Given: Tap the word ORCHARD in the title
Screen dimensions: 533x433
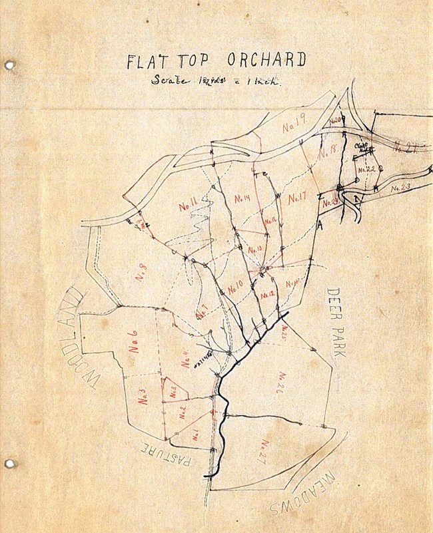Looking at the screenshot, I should (x=266, y=60).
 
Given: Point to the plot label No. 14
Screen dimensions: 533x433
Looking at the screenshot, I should (x=242, y=198).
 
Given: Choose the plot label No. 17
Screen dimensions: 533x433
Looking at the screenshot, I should (x=297, y=198).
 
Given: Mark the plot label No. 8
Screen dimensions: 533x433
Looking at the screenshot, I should (x=142, y=273).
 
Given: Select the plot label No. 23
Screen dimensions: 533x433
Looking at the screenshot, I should (x=400, y=188).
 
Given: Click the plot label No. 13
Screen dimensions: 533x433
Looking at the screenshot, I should (x=256, y=250).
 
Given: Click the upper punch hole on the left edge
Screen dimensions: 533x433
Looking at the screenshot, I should (x=9, y=65).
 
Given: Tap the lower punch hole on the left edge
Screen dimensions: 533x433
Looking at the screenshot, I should (x=9, y=463).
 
